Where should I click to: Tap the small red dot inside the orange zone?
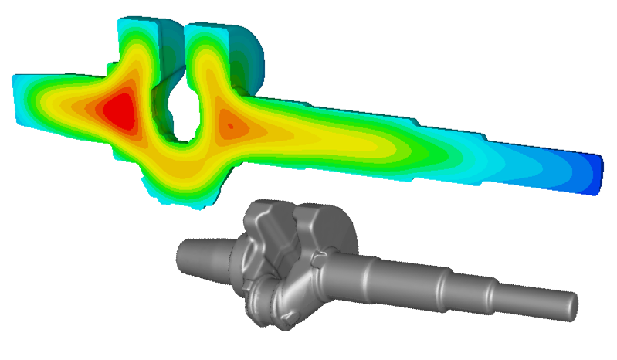pyautogui.click(x=229, y=123)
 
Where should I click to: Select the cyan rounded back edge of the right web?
pyautogui.click(x=258, y=54)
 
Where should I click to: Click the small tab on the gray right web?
pyautogui.click(x=317, y=263)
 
